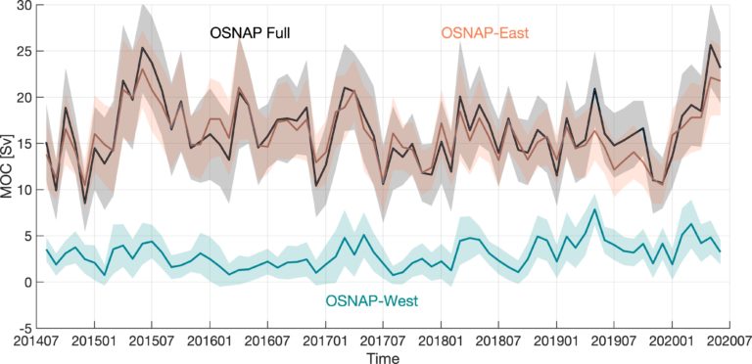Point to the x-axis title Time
(382, 357)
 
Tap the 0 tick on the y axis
(30, 283)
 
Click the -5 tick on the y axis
(27, 329)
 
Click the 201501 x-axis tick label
(94, 341)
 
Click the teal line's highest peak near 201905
(594, 209)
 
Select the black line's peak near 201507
(142, 47)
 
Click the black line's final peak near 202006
(710, 45)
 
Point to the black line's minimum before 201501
(85, 204)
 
